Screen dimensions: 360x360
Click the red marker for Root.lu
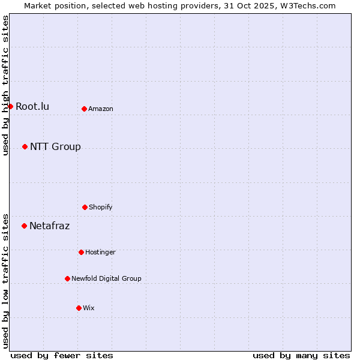pyautogui.click(x=10, y=106)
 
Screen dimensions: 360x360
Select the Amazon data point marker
pyautogui.click(x=84, y=109)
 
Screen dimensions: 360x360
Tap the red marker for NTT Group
pyautogui.click(x=25, y=146)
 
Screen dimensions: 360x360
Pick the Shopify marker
pyautogui.click(x=85, y=207)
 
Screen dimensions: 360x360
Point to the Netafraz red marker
pyautogui.click(x=24, y=226)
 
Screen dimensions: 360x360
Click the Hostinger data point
pyautogui.click(x=81, y=252)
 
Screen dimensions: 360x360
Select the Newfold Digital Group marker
pyautogui.click(x=67, y=278)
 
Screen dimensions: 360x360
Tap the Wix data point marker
pyautogui.click(x=79, y=308)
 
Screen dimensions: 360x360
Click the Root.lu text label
pyautogui.click(x=32, y=107)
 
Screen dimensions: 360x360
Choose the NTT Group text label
pyautogui.click(x=55, y=147)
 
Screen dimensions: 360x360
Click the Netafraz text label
pyautogui.click(x=49, y=226)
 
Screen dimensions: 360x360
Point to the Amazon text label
pyautogui.click(x=101, y=109)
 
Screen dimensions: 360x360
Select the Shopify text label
pyautogui.click(x=101, y=208)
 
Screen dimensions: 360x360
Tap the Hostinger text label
pyautogui.click(x=100, y=253)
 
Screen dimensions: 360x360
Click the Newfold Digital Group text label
pyautogui.click(x=106, y=279)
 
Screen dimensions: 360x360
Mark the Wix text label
pyautogui.click(x=89, y=308)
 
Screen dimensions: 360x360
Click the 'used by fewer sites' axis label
pyautogui.click(x=62, y=355)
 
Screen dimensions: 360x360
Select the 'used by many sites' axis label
pyautogui.click(x=301, y=355)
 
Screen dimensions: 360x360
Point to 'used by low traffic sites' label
pyautogui.click(x=6, y=280)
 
